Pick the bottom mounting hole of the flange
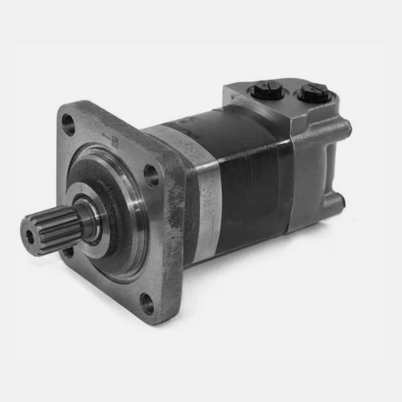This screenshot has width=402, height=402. (x=147, y=303)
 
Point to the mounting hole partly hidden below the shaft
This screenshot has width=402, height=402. (x=68, y=252)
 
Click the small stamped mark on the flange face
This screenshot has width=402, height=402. (x=114, y=142)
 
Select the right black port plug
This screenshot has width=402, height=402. (x=310, y=96)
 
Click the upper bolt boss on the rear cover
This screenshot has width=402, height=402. (x=342, y=129)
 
